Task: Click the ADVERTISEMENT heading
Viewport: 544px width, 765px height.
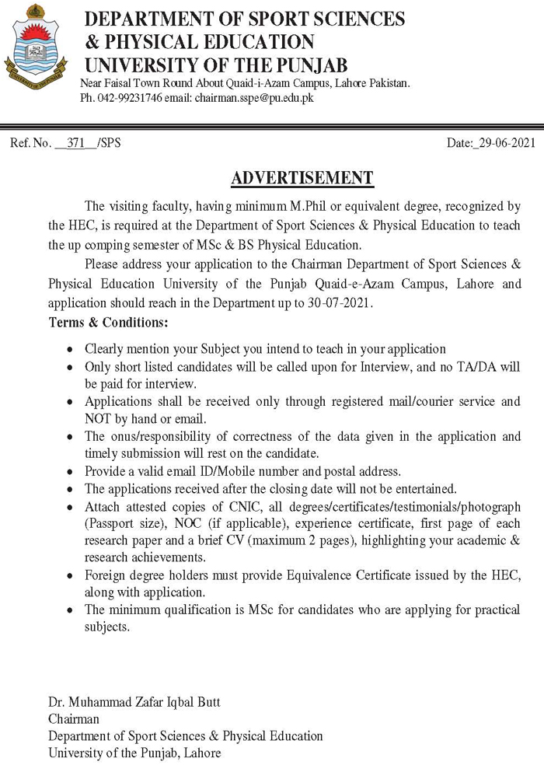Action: click(x=302, y=178)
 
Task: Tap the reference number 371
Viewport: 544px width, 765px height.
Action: click(x=75, y=143)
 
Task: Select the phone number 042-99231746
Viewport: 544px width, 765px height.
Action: click(x=131, y=99)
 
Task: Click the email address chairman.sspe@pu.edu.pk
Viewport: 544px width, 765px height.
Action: click(x=254, y=99)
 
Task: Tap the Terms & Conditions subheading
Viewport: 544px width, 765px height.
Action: click(x=108, y=321)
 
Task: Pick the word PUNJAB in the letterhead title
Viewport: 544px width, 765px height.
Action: click(x=306, y=65)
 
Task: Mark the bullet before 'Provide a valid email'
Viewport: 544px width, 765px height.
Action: click(x=71, y=472)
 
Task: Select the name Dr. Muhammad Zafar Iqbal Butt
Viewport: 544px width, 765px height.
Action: click(x=134, y=702)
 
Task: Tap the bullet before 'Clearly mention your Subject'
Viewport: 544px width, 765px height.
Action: click(x=71, y=350)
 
